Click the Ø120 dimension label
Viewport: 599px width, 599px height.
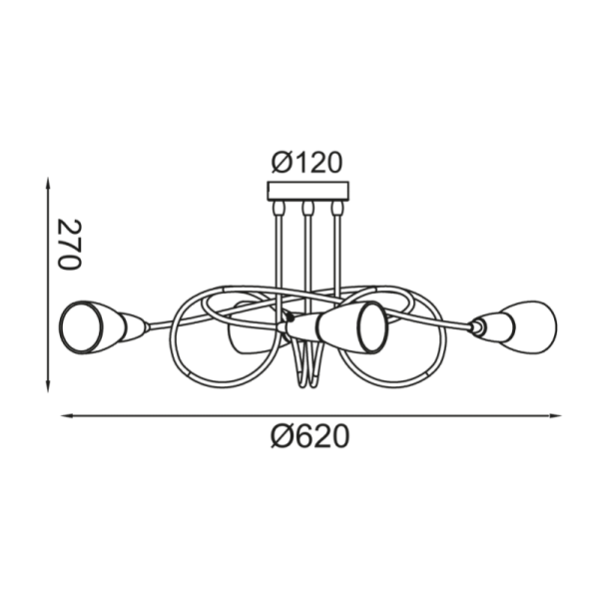pos(306,162)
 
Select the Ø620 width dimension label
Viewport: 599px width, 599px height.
pos(309,437)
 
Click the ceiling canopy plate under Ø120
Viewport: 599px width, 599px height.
pos(308,192)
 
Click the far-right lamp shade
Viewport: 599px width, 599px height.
pos(521,323)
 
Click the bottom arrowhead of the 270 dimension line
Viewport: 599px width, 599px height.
pos(47,387)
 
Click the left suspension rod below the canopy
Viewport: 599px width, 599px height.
pos(278,250)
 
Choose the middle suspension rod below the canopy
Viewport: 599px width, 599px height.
pos(308,250)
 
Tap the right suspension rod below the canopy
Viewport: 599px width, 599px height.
pos(339,250)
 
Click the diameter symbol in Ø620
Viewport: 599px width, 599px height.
pos(282,437)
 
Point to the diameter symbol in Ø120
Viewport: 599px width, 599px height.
pos(281,162)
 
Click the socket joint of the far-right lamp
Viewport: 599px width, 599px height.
pos(479,324)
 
